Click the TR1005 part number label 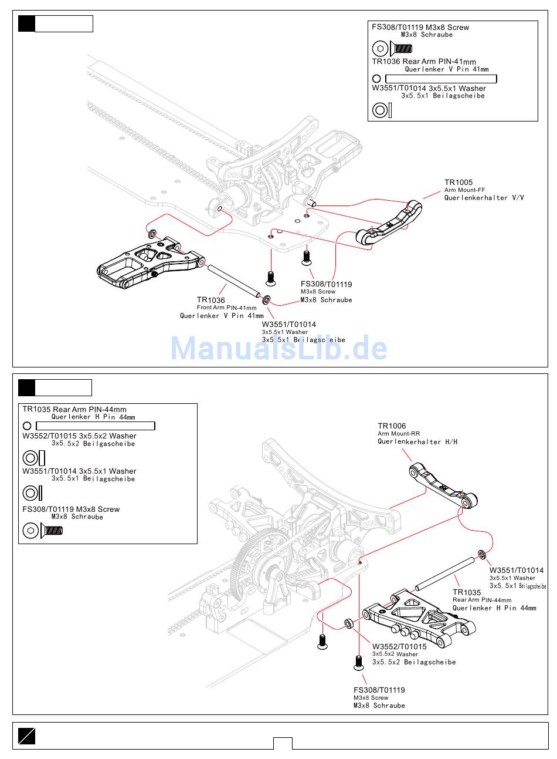click(458, 183)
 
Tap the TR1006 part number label click(392, 426)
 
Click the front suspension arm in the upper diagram click(151, 262)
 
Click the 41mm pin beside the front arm click(233, 281)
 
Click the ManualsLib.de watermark click(279, 348)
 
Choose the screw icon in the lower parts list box click(43, 530)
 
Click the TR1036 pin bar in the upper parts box click(441, 79)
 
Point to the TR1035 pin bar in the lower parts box click(96, 426)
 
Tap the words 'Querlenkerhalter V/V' click(484, 198)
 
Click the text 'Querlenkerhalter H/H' click(417, 442)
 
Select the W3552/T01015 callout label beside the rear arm click(399, 646)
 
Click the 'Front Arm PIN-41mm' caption click(226, 308)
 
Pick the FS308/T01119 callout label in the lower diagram click(379, 690)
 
